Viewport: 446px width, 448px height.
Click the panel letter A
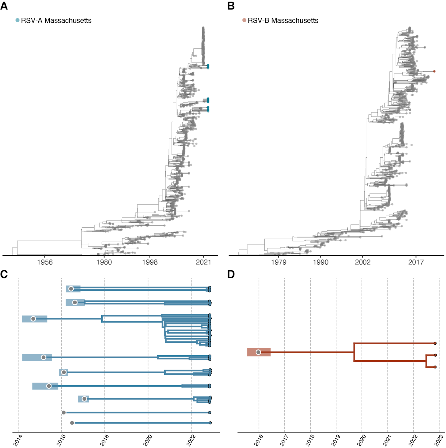click(x=4, y=6)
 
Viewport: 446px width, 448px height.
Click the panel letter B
click(x=231, y=6)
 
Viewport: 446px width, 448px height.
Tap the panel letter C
click(x=4, y=274)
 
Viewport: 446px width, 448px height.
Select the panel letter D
click(x=231, y=274)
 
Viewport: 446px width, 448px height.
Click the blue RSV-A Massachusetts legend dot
click(x=17, y=20)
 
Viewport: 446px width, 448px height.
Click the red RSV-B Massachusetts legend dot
click(x=244, y=20)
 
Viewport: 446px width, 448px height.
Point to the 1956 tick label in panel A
click(x=45, y=262)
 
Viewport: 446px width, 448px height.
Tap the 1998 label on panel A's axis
click(x=150, y=262)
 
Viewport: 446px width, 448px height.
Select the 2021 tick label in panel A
click(x=203, y=262)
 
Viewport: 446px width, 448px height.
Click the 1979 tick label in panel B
click(x=279, y=262)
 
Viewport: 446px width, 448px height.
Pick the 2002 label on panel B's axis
click(x=363, y=262)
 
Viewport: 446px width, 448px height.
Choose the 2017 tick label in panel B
click(x=416, y=262)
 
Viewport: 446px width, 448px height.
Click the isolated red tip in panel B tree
click(x=434, y=71)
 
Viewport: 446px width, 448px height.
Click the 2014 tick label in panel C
click(x=18, y=440)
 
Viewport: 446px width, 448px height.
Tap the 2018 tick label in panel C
click(x=104, y=440)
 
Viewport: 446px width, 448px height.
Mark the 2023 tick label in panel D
click(x=439, y=440)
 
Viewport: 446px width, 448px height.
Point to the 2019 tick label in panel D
click(x=336, y=440)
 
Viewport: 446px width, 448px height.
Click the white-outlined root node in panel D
click(x=258, y=352)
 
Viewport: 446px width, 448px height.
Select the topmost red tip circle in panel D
click(x=435, y=343)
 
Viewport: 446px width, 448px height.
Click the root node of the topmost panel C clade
click(x=71, y=289)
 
